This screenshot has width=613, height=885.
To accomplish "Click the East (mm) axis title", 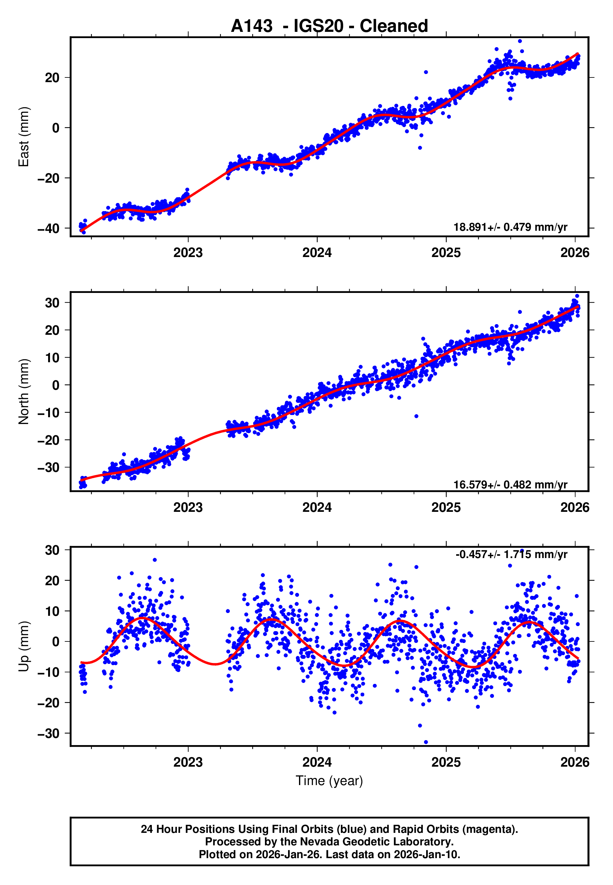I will [24, 137].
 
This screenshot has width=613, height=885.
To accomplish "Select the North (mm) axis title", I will [24, 392].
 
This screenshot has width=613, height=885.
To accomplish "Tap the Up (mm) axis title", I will [24, 646].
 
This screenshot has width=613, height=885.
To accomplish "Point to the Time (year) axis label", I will [329, 781].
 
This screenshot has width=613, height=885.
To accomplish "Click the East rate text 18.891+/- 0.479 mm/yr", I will [510, 227].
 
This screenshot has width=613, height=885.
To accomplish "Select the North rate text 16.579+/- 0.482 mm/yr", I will [510, 485].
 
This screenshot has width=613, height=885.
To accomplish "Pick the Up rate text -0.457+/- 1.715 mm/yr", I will [511, 554].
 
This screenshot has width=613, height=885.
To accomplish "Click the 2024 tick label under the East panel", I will [317, 253].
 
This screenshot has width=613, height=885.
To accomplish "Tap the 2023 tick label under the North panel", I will [188, 507].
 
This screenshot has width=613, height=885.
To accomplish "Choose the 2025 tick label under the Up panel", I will [446, 762].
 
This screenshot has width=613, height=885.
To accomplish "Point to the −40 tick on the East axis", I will [49, 229].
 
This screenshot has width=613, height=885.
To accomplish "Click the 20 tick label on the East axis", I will [52, 78].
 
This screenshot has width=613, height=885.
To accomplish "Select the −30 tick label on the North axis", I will [49, 468].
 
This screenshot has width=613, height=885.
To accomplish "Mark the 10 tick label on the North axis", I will [52, 358].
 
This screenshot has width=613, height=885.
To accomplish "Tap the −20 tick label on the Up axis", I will [49, 703].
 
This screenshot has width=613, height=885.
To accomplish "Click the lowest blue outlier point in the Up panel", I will [426, 742].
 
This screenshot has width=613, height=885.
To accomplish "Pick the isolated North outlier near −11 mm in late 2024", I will [416, 416].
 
